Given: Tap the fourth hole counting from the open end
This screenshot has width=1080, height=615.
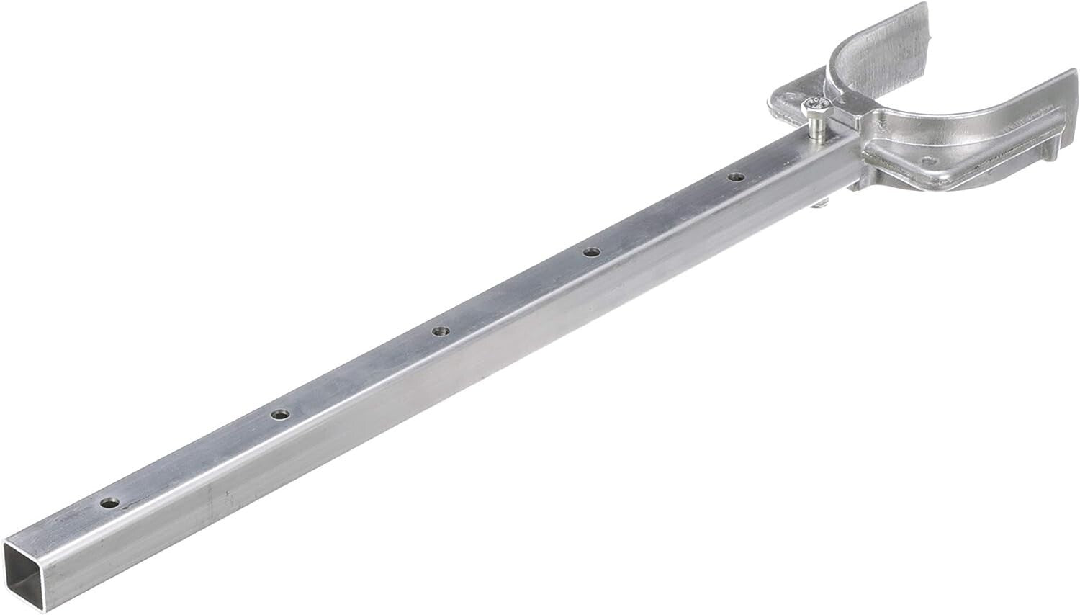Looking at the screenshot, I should (591, 252).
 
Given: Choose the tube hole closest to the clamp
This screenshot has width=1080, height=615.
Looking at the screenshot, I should (734, 177).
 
